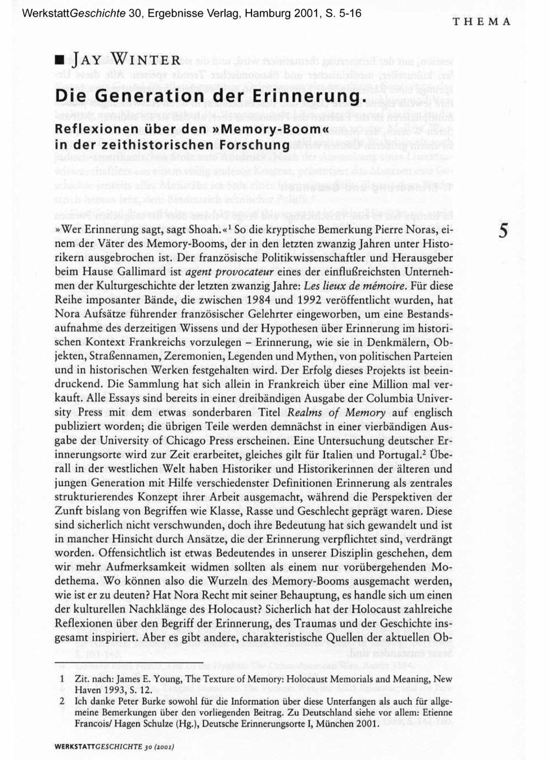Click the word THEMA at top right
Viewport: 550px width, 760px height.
pyautogui.click(x=481, y=21)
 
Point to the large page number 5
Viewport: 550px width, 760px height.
pyautogui.click(x=503, y=232)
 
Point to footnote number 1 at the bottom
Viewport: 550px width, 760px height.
pyautogui.click(x=62, y=680)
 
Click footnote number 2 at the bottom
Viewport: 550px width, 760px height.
pyautogui.click(x=62, y=702)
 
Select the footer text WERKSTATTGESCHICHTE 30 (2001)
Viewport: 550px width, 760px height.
pyautogui.click(x=114, y=747)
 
